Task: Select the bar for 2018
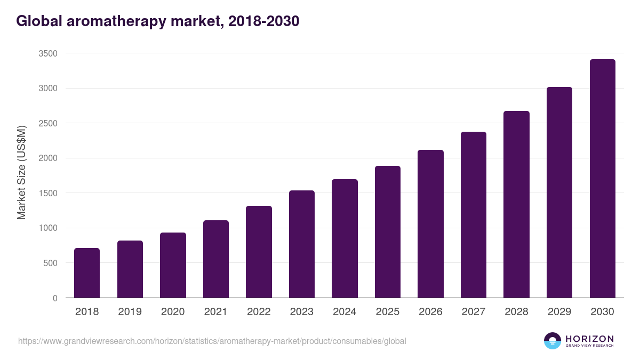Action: point(87,273)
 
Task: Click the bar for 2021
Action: point(216,259)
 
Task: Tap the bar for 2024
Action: point(345,238)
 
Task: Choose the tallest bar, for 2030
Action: point(602,178)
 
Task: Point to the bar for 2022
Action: point(259,252)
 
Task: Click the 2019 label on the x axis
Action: point(130,312)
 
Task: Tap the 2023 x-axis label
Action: point(302,312)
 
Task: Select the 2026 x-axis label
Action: point(430,312)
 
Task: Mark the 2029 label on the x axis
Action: point(559,312)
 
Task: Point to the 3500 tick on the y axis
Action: point(47,53)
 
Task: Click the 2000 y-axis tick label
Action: point(47,158)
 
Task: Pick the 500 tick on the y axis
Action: point(50,263)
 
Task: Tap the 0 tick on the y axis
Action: point(55,298)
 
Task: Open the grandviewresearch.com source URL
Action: point(212,341)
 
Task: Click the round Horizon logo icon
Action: point(552,341)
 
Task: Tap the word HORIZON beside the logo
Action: point(589,339)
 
